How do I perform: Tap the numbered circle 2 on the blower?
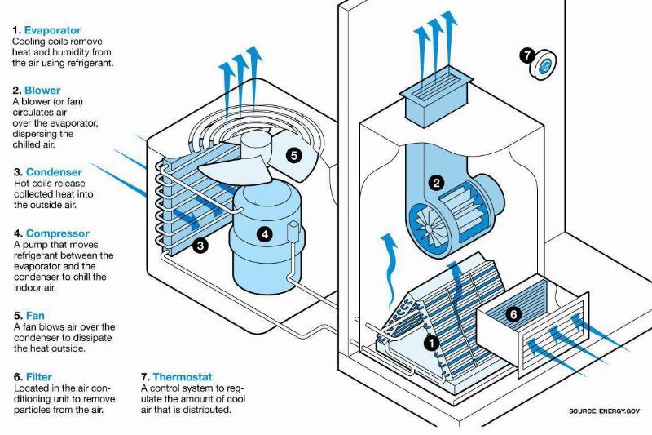pyautogui.click(x=437, y=184)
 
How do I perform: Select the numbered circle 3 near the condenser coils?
pyautogui.click(x=200, y=244)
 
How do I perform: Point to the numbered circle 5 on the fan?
pyautogui.click(x=293, y=153)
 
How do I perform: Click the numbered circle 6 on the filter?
pyautogui.click(x=513, y=313)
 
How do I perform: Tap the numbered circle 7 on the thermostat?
pyautogui.click(x=527, y=55)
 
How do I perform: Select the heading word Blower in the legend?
pyautogui.click(x=42, y=91)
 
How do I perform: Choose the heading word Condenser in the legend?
pyautogui.click(x=54, y=172)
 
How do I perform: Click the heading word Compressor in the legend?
pyautogui.click(x=57, y=233)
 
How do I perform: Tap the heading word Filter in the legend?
pyautogui.click(x=39, y=377)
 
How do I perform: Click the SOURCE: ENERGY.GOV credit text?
pyautogui.click(x=604, y=411)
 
